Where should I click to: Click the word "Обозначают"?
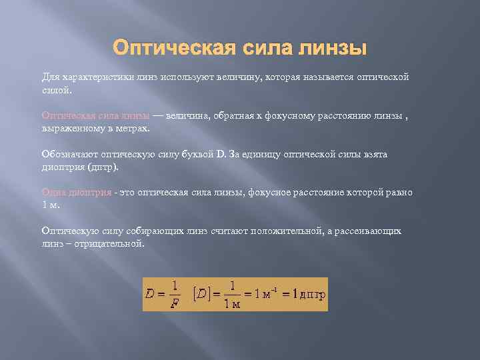click(x=69, y=154)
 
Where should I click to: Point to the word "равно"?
click(x=399, y=193)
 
